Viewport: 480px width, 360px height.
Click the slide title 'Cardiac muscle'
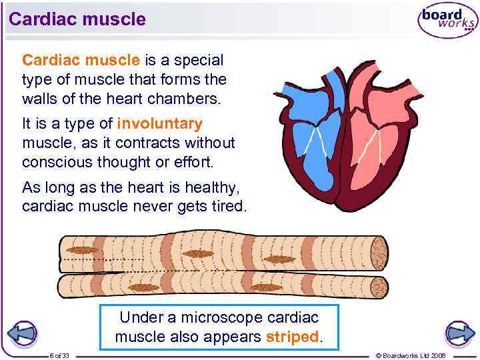click(77, 19)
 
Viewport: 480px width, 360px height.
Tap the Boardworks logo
click(447, 20)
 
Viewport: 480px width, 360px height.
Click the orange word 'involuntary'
click(159, 124)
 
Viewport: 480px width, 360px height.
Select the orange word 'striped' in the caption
click(293, 337)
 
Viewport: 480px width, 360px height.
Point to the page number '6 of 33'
click(64, 355)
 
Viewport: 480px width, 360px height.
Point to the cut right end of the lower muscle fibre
click(379, 287)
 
